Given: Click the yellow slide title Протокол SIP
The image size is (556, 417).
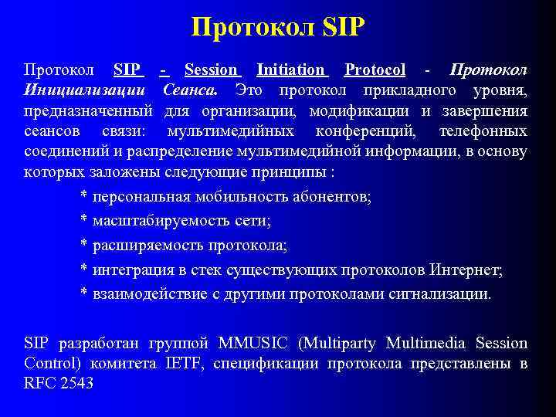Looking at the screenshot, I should click(x=278, y=29).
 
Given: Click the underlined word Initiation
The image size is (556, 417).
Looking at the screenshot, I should click(x=290, y=70).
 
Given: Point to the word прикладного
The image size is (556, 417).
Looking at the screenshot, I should click(x=409, y=91).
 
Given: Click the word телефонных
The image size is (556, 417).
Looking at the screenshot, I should click(x=483, y=131).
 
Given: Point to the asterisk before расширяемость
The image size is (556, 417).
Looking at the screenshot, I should click(x=84, y=247).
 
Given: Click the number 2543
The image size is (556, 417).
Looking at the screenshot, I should click(x=76, y=383).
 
